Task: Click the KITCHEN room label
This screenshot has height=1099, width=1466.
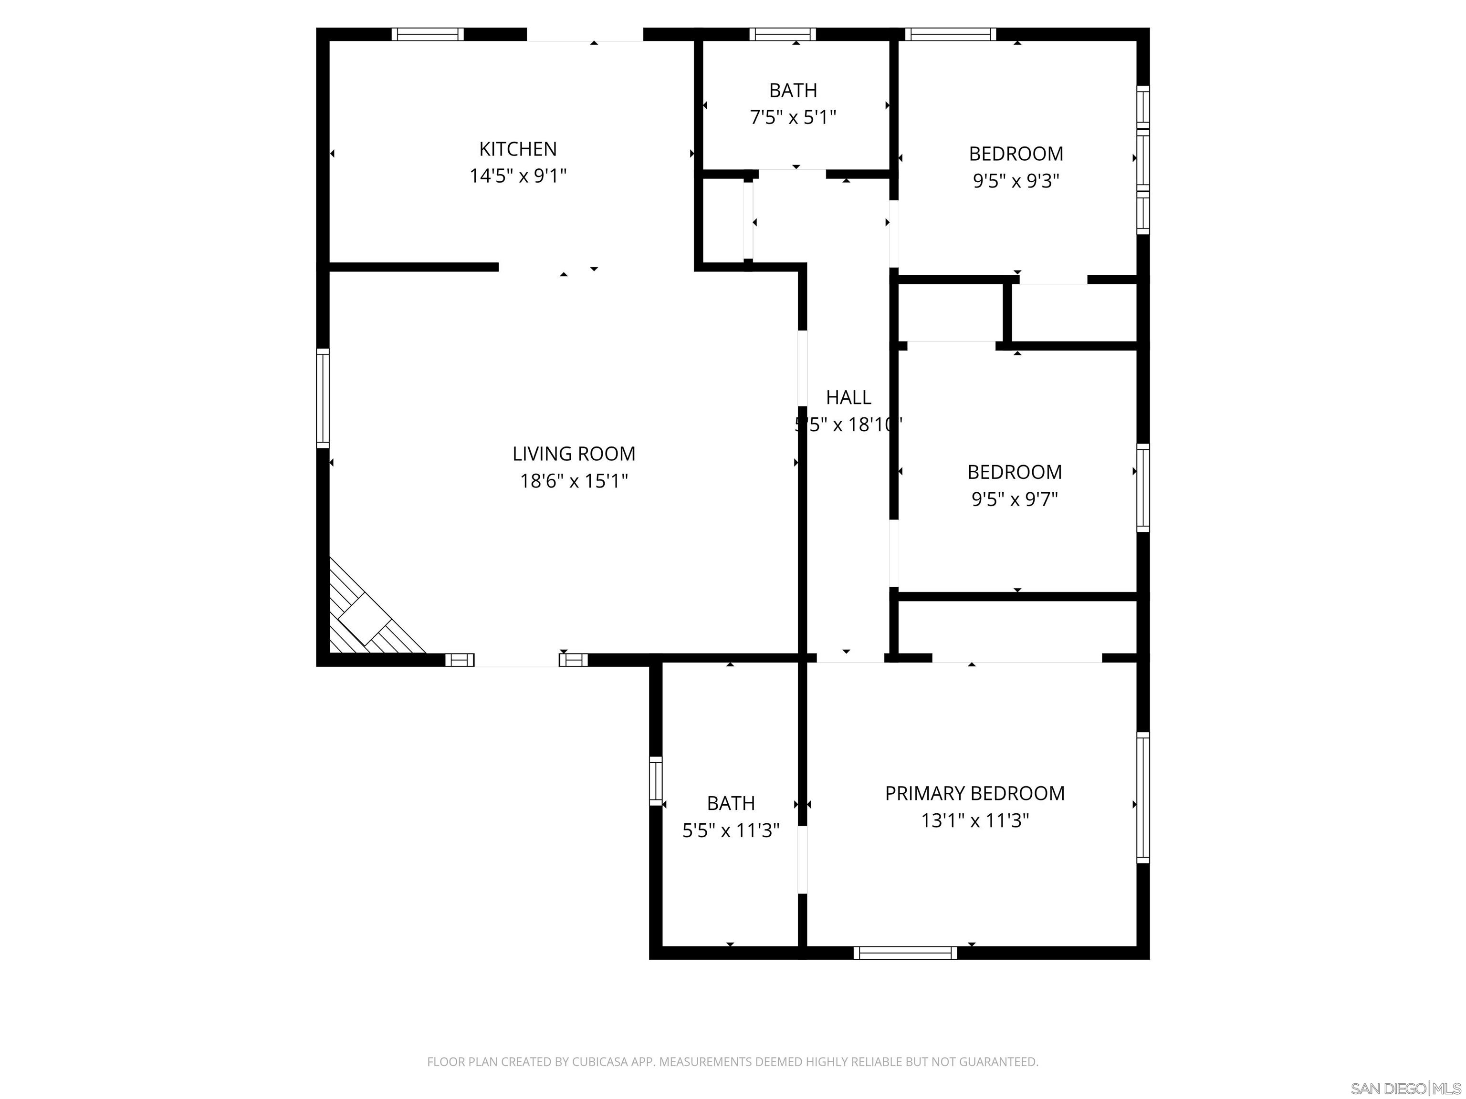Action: (518, 148)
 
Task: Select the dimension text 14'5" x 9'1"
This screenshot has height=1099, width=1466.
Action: (518, 176)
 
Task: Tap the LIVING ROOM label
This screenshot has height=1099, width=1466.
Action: (573, 454)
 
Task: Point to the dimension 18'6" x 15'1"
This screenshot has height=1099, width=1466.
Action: (573, 481)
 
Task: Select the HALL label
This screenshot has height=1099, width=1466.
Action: (848, 397)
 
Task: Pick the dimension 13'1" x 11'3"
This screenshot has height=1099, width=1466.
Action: (974, 821)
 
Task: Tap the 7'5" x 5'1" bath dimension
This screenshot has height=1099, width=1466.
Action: (793, 118)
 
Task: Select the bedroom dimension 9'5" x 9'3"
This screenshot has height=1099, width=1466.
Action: (1016, 181)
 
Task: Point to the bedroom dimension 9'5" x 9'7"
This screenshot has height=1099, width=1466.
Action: (1014, 499)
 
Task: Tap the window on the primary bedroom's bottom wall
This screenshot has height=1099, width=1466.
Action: (905, 953)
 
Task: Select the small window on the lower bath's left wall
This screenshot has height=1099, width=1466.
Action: (656, 781)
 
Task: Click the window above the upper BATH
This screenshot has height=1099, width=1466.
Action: (782, 34)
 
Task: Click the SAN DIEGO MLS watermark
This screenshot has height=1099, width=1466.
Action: (1405, 1089)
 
